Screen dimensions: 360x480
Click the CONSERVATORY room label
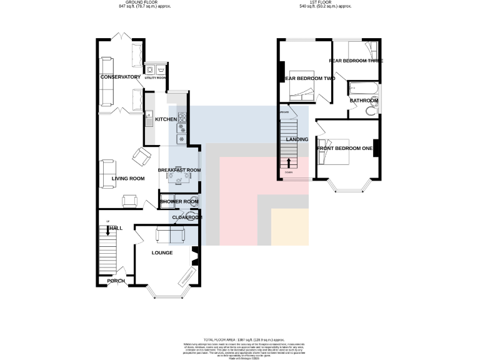(x=121, y=77)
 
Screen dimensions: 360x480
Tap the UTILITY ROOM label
(x=155, y=78)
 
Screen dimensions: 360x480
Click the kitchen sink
(x=149, y=117)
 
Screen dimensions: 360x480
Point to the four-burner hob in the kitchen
(x=182, y=117)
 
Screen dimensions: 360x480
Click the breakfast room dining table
(x=178, y=177)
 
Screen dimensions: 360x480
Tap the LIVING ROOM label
(x=128, y=179)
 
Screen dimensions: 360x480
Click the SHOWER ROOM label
(x=179, y=202)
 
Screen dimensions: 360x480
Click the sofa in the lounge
(x=170, y=235)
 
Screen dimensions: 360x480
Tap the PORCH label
(x=116, y=281)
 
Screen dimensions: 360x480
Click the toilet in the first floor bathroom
(x=371, y=111)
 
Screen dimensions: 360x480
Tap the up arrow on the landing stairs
(x=288, y=162)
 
